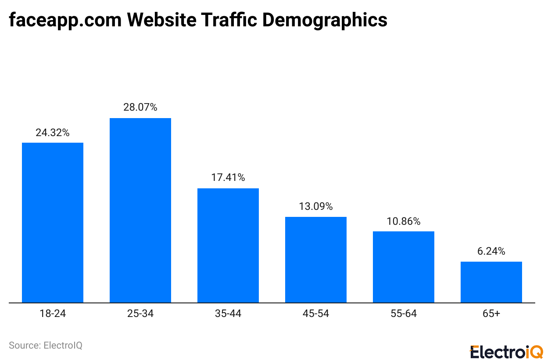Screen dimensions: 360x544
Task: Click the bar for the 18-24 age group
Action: (53, 223)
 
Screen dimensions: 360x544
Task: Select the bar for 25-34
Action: (140, 210)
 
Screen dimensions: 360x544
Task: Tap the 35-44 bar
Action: (228, 245)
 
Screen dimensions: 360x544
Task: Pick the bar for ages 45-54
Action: (316, 259)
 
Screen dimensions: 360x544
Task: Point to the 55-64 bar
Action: (404, 267)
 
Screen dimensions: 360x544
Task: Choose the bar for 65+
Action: (491, 282)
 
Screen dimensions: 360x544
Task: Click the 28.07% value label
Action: (140, 107)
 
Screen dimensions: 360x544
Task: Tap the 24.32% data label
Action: (53, 132)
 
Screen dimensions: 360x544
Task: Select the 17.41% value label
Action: (228, 178)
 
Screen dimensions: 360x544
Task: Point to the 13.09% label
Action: (316, 206)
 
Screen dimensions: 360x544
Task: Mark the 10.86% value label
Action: (404, 221)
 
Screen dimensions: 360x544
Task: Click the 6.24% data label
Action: (491, 251)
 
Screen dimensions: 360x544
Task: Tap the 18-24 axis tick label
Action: (53, 314)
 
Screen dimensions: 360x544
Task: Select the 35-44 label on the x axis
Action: (228, 314)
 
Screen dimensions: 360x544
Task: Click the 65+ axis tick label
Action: (491, 314)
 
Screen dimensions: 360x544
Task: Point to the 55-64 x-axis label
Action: (404, 314)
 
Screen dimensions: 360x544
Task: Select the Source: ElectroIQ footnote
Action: (46, 346)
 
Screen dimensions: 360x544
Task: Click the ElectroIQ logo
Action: (506, 351)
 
